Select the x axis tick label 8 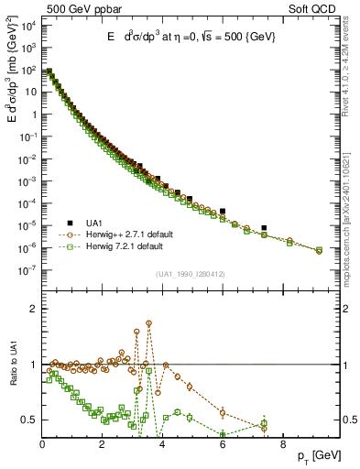click(x=282, y=444)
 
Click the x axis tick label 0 click(x=42, y=444)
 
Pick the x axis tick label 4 click(x=162, y=444)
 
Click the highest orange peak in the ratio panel click(x=149, y=323)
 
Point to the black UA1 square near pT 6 click(x=223, y=211)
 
